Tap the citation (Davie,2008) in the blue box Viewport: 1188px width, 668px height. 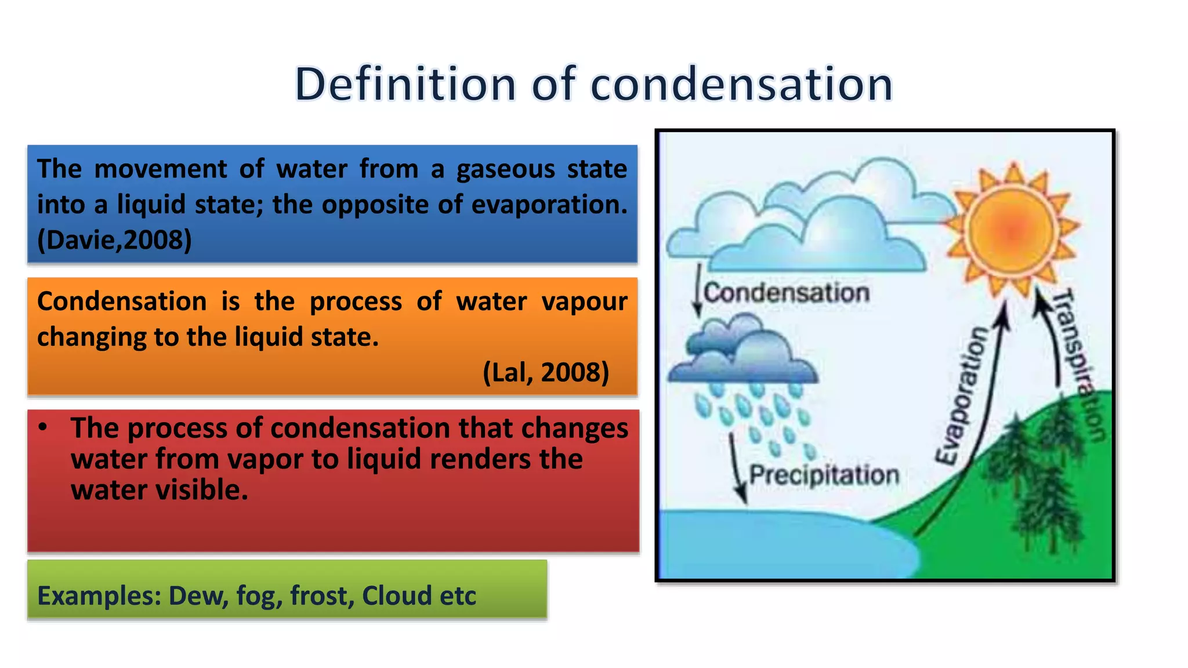(x=114, y=239)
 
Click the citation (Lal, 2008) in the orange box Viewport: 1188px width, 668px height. (x=546, y=372)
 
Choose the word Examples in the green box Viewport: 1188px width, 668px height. (x=99, y=596)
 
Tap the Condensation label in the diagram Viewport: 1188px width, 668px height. (x=786, y=293)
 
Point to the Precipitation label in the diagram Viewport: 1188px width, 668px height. (x=824, y=475)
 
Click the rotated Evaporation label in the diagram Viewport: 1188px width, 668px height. (x=962, y=395)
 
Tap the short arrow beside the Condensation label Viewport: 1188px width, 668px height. (x=698, y=290)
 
